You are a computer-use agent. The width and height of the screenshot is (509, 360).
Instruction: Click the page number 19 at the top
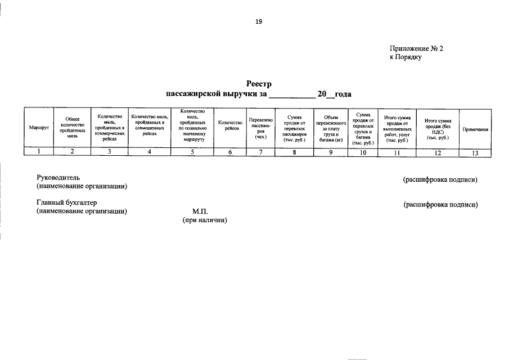259,21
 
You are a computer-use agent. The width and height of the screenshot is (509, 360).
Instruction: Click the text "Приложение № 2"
416,49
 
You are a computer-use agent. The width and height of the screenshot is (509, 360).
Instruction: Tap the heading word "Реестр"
259,84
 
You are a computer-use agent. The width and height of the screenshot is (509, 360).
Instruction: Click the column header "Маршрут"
39,129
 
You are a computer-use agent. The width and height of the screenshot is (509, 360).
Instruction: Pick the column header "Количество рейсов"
230,125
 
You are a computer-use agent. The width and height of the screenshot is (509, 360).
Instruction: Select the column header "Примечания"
475,129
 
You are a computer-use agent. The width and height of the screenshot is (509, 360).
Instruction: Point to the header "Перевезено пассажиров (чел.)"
260,128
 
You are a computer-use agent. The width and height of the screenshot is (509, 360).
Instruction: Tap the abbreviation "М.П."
200,211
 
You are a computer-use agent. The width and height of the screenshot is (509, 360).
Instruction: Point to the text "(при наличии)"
204,220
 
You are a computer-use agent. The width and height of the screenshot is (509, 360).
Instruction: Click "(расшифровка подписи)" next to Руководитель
440,180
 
